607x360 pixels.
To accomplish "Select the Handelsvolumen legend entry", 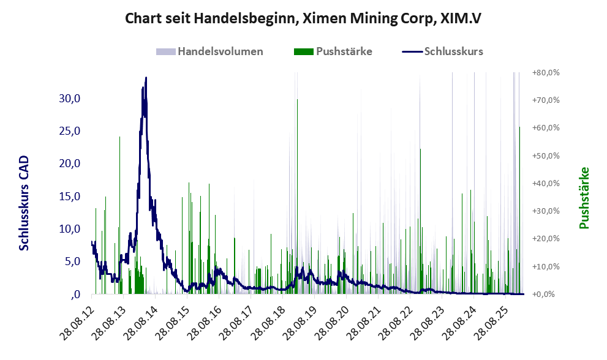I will (220, 51).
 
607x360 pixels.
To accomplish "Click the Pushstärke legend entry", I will (344, 51).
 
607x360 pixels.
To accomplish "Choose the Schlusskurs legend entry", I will (453, 51).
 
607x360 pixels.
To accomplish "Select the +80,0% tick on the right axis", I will (546, 72).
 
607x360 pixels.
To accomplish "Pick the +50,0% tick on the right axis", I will (546, 156).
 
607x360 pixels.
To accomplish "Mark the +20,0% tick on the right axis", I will (546, 239).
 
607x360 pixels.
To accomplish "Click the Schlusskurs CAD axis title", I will (25, 203).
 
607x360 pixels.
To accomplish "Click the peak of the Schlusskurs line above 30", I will (146, 78).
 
